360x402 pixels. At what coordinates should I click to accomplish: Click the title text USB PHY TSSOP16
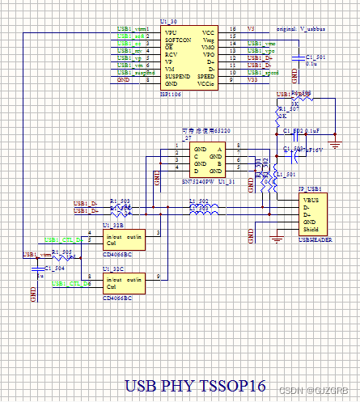coord(195,386)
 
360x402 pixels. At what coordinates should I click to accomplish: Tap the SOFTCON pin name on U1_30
coord(180,40)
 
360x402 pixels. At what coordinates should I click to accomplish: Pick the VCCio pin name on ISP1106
coord(206,82)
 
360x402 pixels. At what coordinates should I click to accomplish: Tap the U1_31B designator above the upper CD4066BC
coord(113,225)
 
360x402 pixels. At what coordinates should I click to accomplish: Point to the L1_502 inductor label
coord(197,200)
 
